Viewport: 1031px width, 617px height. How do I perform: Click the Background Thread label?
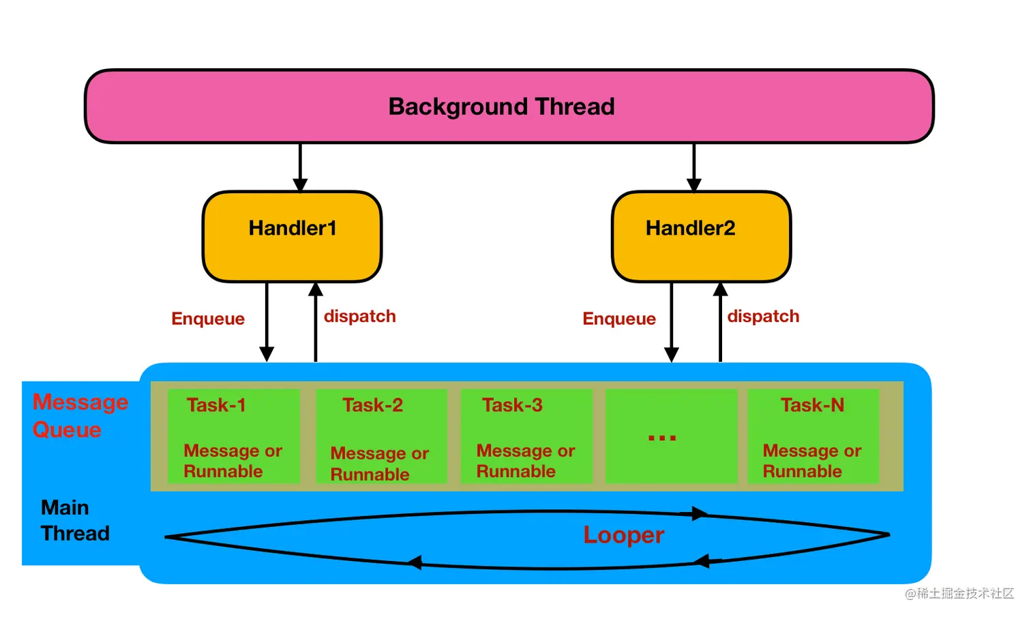(501, 106)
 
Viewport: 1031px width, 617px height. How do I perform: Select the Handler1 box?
(293, 236)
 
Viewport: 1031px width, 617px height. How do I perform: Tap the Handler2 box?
(702, 236)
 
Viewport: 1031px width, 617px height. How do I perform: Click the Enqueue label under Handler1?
(208, 319)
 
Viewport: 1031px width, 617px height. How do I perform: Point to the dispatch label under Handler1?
(360, 317)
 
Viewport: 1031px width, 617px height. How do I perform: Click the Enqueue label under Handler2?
(619, 319)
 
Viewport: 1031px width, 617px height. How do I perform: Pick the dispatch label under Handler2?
(763, 317)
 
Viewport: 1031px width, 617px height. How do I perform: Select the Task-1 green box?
(234, 436)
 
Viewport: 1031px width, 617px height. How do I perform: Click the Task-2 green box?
(382, 436)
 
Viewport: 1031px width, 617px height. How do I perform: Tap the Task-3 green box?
(526, 436)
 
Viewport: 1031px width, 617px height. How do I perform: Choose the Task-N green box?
(813, 436)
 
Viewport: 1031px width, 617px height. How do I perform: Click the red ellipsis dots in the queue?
(662, 437)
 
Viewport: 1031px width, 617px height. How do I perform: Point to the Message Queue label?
(80, 416)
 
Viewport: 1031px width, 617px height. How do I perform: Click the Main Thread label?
(75, 521)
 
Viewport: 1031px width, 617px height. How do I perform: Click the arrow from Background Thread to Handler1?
(300, 167)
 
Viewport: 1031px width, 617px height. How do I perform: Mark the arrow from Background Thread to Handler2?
(693, 167)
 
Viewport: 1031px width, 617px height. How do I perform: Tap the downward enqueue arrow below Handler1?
(267, 322)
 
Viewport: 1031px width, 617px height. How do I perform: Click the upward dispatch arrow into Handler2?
(720, 322)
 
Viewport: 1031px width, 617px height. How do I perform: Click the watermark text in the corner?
(959, 593)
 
